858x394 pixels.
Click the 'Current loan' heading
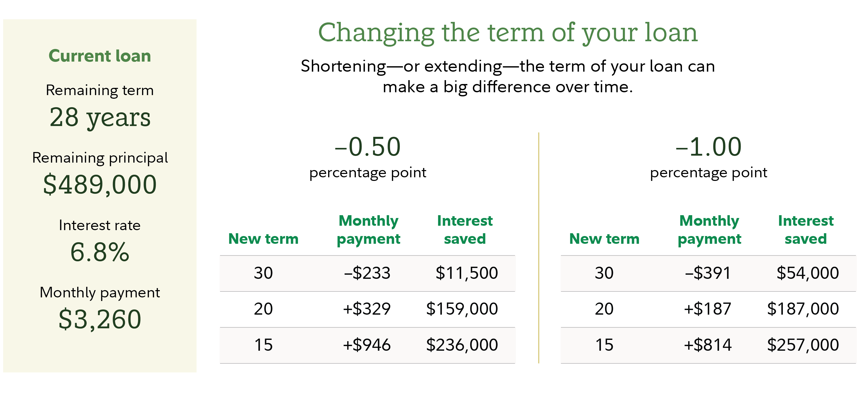tap(100, 56)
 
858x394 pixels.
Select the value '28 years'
tap(100, 118)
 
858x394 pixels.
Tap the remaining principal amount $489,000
tap(100, 185)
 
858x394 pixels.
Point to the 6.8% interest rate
tap(100, 252)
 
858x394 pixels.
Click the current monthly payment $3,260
tap(100, 319)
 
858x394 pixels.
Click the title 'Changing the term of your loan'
tap(507, 33)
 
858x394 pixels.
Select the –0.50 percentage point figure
tap(367, 147)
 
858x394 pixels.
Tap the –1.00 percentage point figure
tap(708, 147)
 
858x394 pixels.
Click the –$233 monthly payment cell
tap(367, 273)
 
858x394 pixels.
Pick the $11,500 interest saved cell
tap(467, 273)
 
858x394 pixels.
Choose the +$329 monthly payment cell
tap(367, 309)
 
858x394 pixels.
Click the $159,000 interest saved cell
tap(462, 309)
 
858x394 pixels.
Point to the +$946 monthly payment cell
tap(367, 345)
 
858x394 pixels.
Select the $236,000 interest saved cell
tap(462, 345)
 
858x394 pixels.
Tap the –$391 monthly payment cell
tap(708, 273)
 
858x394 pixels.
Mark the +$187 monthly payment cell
tap(707, 309)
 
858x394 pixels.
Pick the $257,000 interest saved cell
tap(803, 345)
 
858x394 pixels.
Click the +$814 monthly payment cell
tap(707, 345)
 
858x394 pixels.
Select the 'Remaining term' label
tap(100, 90)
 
